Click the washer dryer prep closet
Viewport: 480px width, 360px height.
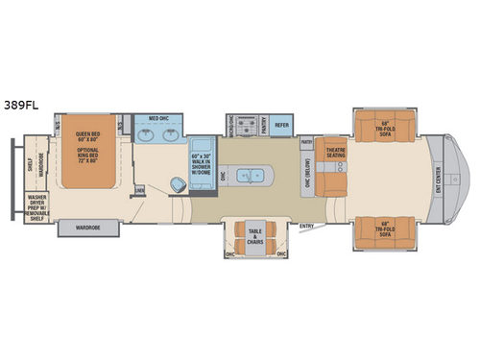pos(36,204)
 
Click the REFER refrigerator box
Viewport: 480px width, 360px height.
pos(282,124)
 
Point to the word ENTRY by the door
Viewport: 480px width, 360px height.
pos(306,227)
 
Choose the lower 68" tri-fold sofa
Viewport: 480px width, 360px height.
pos(382,228)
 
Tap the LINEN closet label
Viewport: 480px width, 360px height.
pos(140,190)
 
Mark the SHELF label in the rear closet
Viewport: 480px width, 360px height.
pos(29,163)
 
